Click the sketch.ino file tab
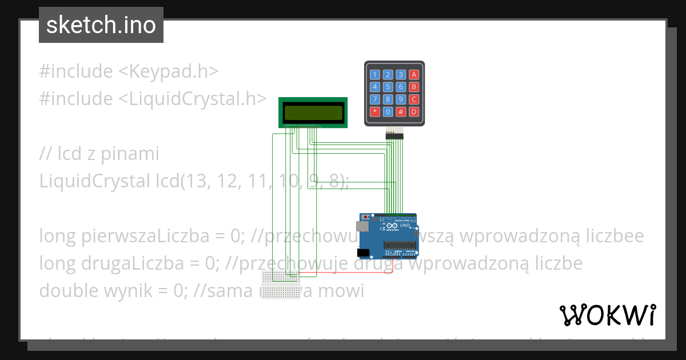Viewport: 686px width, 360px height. point(101,25)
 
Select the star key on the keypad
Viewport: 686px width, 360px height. point(375,112)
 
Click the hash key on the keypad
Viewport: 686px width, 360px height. point(401,112)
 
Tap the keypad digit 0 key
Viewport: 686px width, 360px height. point(388,112)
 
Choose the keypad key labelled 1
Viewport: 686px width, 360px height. point(375,74)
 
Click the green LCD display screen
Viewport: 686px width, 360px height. point(313,112)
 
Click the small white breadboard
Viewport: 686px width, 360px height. point(281,285)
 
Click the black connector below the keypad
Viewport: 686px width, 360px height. point(394,135)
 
